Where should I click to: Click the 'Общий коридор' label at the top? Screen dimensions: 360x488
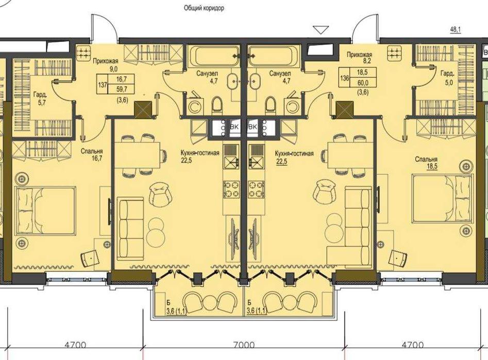(204, 8)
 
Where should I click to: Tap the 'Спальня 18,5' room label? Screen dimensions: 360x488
(427, 163)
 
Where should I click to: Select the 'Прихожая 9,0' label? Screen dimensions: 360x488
(105, 64)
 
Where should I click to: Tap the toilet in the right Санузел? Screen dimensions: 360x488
(270, 106)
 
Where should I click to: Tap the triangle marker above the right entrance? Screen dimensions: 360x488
(324, 29)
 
